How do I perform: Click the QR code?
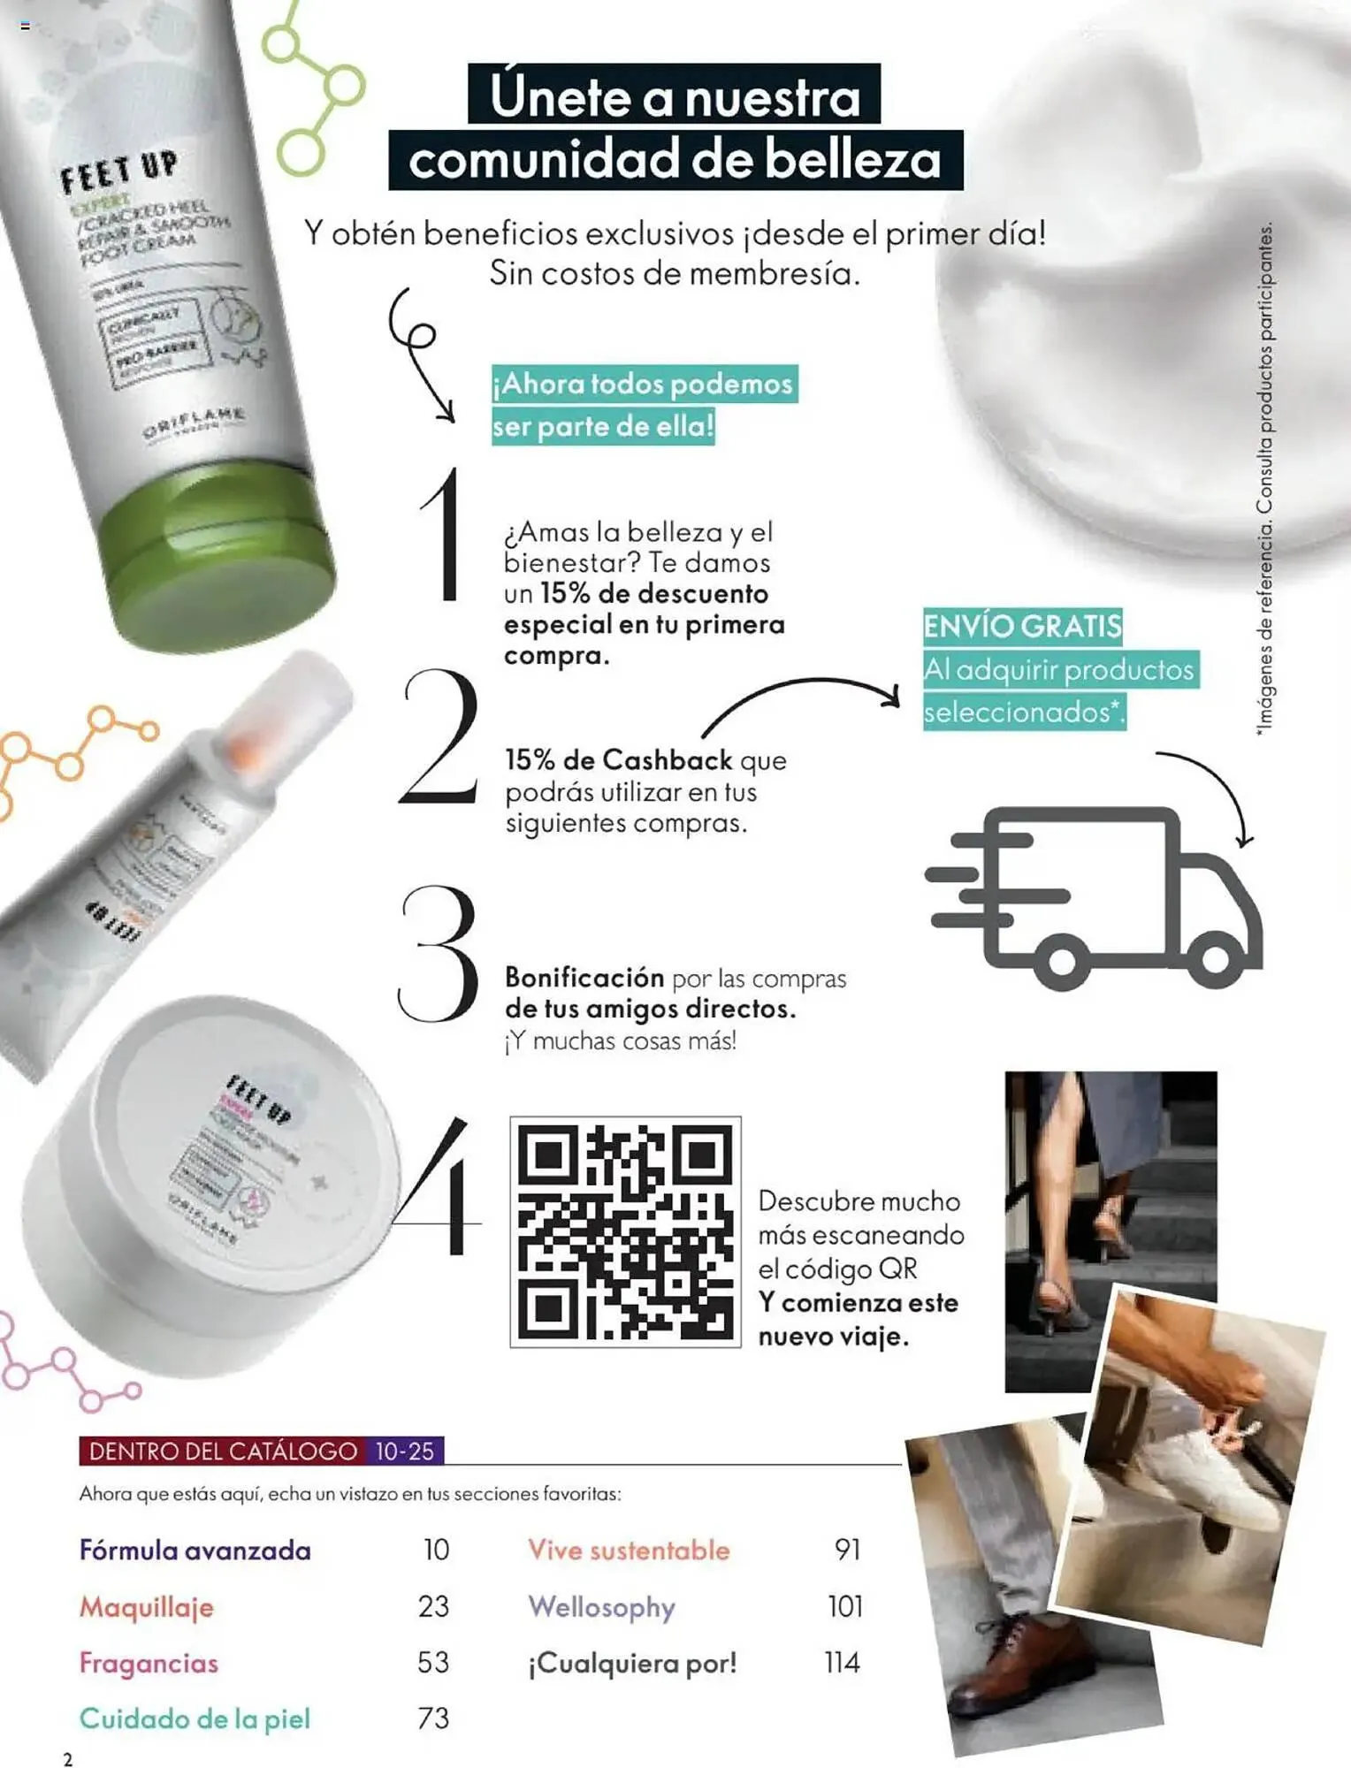(625, 1231)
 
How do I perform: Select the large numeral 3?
(438, 955)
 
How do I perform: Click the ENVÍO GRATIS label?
(1022, 626)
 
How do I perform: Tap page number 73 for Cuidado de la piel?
(433, 1718)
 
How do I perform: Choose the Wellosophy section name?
(601, 1606)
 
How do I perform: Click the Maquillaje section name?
(147, 1606)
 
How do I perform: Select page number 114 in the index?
(842, 1663)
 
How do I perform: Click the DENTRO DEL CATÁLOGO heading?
(223, 1451)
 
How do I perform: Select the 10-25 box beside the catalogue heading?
(405, 1451)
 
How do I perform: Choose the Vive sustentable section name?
(629, 1550)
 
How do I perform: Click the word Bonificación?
(584, 977)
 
